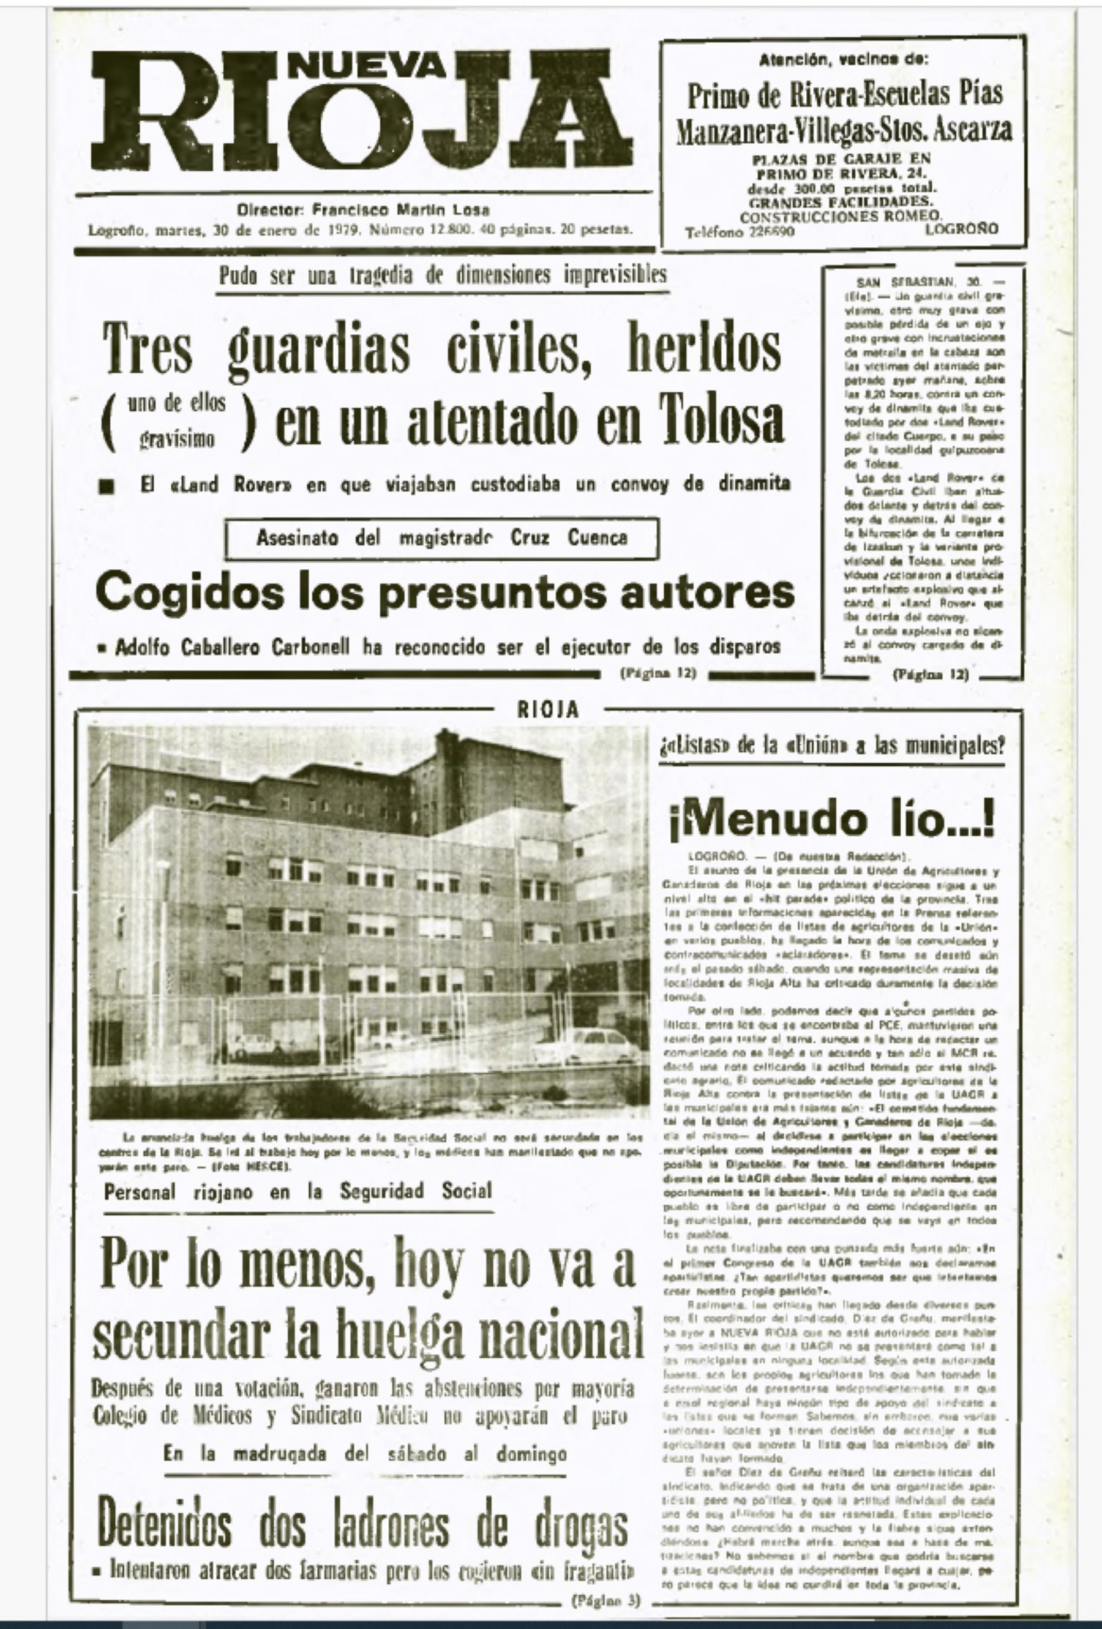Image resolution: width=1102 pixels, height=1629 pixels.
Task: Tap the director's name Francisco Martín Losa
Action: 401,209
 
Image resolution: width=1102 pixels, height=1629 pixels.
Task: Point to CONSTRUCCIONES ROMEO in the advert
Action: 841,217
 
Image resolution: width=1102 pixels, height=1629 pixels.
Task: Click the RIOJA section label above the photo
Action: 548,710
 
